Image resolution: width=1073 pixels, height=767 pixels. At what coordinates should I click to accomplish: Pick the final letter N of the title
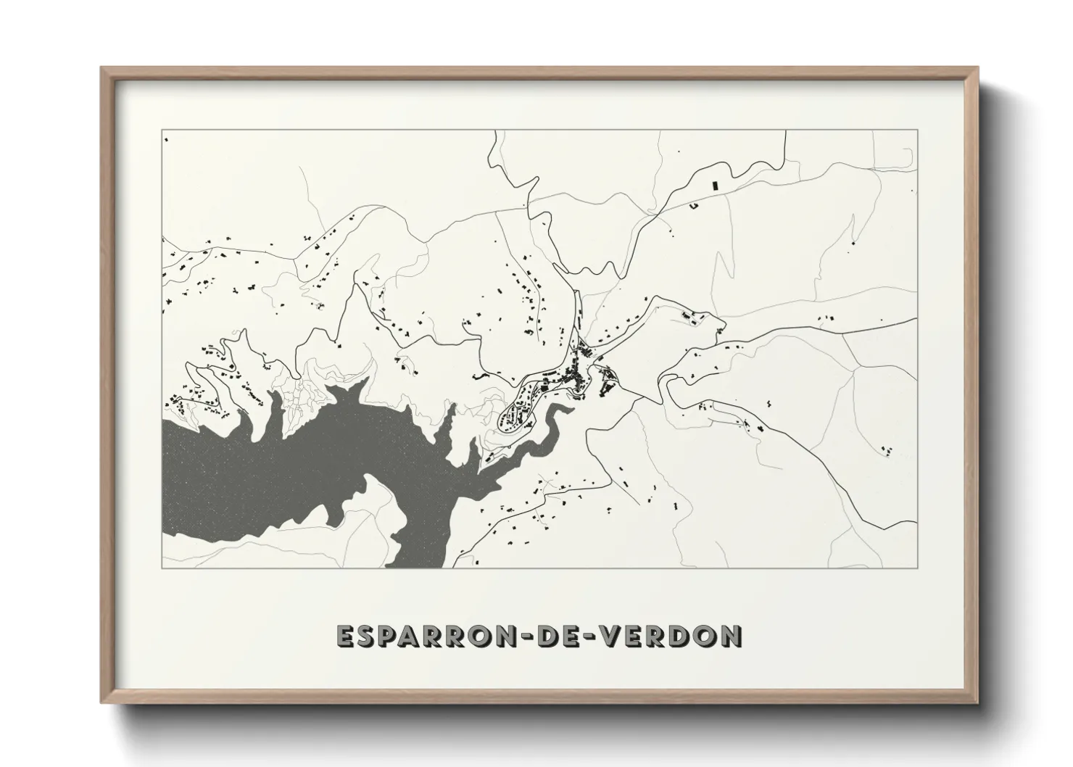click(731, 636)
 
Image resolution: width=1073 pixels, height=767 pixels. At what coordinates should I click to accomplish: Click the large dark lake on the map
click(304, 464)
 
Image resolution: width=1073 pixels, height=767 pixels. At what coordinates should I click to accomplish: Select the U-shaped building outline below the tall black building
click(694, 207)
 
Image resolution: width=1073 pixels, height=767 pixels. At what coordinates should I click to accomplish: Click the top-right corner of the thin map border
click(917, 130)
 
